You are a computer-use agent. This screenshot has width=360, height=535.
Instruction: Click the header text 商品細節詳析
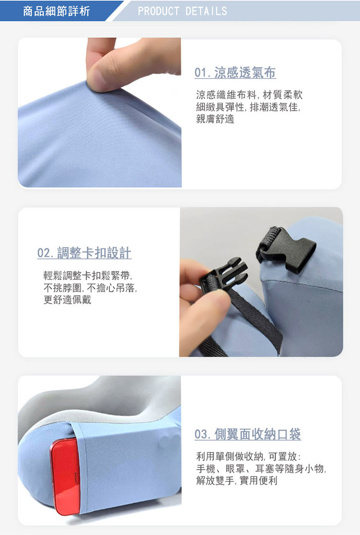[x=57, y=11]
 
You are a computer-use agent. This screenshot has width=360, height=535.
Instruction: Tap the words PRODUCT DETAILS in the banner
[x=182, y=11]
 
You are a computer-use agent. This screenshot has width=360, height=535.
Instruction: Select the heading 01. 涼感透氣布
[x=235, y=73]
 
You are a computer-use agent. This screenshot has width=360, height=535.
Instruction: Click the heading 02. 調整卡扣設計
[x=84, y=253]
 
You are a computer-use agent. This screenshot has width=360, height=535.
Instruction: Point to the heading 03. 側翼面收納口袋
[x=248, y=434]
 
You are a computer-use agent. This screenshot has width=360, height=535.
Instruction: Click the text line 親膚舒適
[x=216, y=119]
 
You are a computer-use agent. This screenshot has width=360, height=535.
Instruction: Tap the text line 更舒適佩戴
[x=67, y=300]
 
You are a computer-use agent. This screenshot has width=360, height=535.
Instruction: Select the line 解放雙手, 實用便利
[x=237, y=480]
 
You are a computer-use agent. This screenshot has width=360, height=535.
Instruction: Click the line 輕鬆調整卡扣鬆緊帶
[x=88, y=276]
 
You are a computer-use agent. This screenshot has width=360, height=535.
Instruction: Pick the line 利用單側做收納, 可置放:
[x=249, y=455]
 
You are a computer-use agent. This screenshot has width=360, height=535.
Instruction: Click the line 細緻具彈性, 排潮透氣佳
[x=249, y=107]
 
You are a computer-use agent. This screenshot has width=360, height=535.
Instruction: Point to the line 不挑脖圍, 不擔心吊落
[x=91, y=288]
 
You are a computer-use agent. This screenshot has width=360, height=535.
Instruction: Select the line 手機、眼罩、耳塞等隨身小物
[x=262, y=468]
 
